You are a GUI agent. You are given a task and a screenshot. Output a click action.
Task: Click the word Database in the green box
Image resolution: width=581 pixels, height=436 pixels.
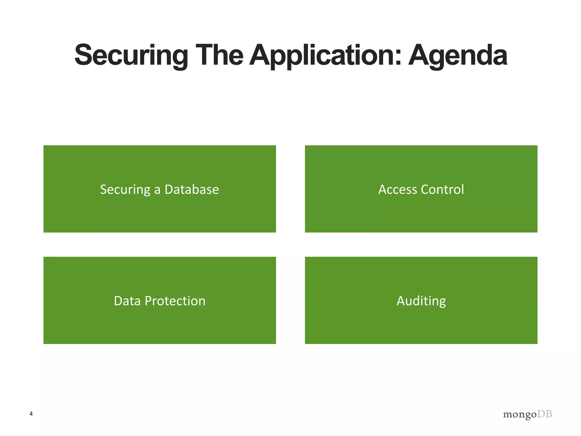click(191, 189)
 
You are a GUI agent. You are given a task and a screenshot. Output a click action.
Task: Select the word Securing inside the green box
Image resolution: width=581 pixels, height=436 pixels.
click(125, 190)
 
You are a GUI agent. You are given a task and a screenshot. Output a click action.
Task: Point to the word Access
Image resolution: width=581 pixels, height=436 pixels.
click(398, 189)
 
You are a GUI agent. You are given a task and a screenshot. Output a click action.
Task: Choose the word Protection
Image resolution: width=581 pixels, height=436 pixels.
click(175, 301)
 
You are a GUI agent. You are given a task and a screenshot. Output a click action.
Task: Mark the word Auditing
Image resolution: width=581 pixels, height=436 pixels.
click(421, 301)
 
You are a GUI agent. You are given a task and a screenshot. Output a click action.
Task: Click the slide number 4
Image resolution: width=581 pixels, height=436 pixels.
click(31, 414)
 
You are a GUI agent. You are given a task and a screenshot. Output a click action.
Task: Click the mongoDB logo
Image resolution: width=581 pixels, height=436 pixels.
click(527, 414)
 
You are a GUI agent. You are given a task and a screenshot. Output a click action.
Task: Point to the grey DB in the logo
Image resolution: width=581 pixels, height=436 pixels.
click(545, 414)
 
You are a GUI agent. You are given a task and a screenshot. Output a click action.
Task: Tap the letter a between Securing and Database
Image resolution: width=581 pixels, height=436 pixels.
click(157, 190)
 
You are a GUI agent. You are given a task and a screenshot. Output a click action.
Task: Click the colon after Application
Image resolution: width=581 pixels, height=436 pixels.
click(398, 59)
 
